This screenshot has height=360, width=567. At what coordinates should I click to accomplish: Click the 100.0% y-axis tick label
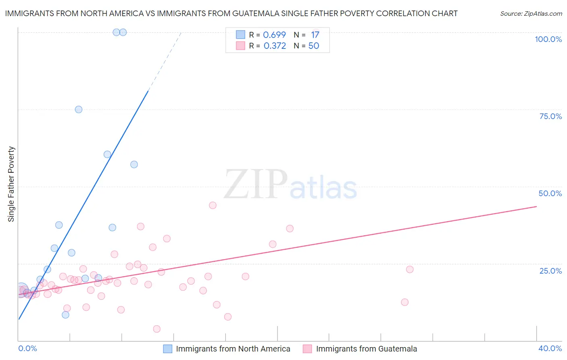pos(548,39)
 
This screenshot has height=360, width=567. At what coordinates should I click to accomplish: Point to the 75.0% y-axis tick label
pos(550,116)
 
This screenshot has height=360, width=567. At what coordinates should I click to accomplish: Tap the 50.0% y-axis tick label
pos(550,193)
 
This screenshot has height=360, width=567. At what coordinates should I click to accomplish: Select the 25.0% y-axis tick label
pos(550,271)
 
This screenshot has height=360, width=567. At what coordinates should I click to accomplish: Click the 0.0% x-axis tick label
pos(28,348)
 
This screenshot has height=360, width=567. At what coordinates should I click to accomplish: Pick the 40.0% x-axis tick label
pos(550,348)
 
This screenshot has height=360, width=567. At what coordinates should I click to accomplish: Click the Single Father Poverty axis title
pos(11,184)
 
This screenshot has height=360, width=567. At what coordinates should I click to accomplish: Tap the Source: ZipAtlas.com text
pos(531,13)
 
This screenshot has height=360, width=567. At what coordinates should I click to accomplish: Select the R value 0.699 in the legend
pos(274,35)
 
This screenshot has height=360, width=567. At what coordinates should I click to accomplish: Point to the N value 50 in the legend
pos(314,46)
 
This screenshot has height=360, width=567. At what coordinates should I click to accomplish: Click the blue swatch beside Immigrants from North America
pos(167,349)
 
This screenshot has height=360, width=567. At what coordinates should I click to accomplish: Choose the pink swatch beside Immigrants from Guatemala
pos(307,349)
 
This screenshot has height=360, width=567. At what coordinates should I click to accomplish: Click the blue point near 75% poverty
pos(79,109)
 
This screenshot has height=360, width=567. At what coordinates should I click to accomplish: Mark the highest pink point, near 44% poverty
pos(213,205)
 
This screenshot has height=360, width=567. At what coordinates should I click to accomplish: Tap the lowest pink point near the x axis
pos(157,329)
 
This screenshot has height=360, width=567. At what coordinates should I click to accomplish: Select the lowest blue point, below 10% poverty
pos(65,315)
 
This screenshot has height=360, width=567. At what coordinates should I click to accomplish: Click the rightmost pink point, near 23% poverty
pos(410,270)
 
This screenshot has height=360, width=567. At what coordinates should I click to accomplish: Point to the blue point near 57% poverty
pos(134,164)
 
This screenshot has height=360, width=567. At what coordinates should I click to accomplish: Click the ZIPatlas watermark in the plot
pos(290,185)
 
